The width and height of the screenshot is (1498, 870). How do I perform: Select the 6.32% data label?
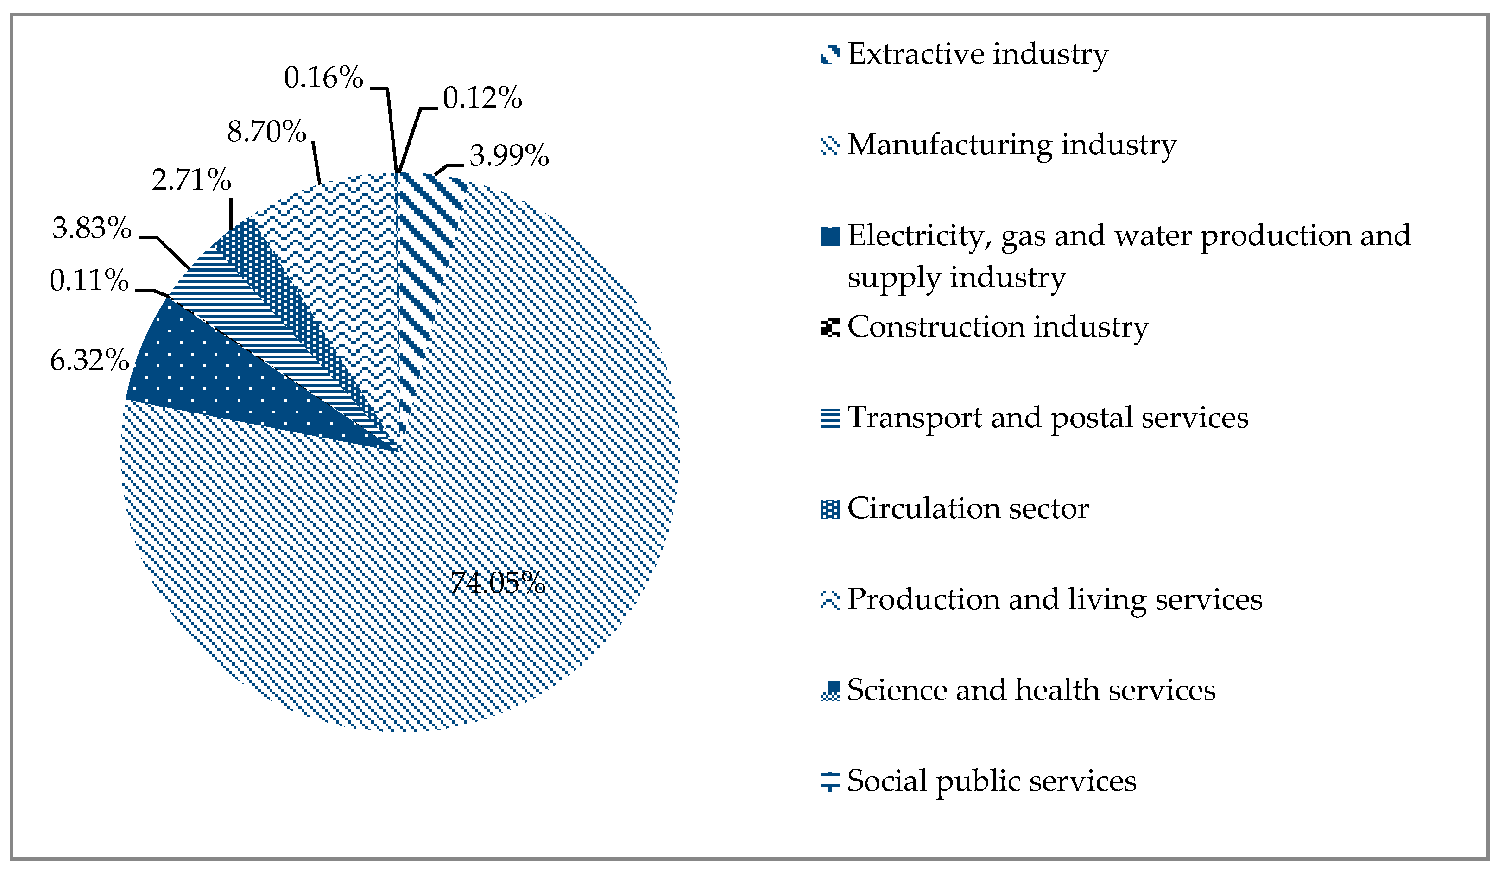[x=90, y=360]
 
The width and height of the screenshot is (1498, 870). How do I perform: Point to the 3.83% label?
[x=92, y=228]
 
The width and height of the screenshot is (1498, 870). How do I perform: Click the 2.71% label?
[x=191, y=179]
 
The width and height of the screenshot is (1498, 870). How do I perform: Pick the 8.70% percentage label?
[x=266, y=132]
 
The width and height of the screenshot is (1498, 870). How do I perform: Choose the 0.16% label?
[x=323, y=77]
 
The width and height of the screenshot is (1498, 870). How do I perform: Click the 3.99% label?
[x=509, y=156]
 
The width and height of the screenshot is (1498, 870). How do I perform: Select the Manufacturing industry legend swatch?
[x=830, y=146]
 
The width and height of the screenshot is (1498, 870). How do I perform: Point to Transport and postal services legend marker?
[x=830, y=418]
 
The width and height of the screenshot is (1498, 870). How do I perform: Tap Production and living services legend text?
[x=1055, y=599]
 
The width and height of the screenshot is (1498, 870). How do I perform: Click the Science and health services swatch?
[x=830, y=691]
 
